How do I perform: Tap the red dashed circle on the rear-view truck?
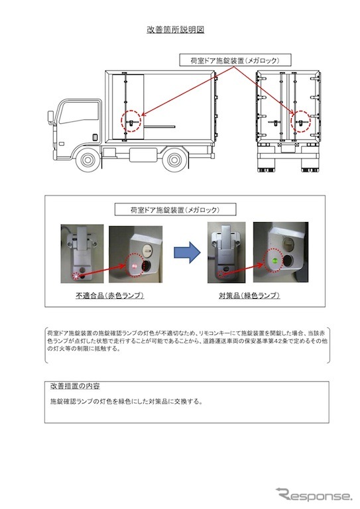click(301, 122)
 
